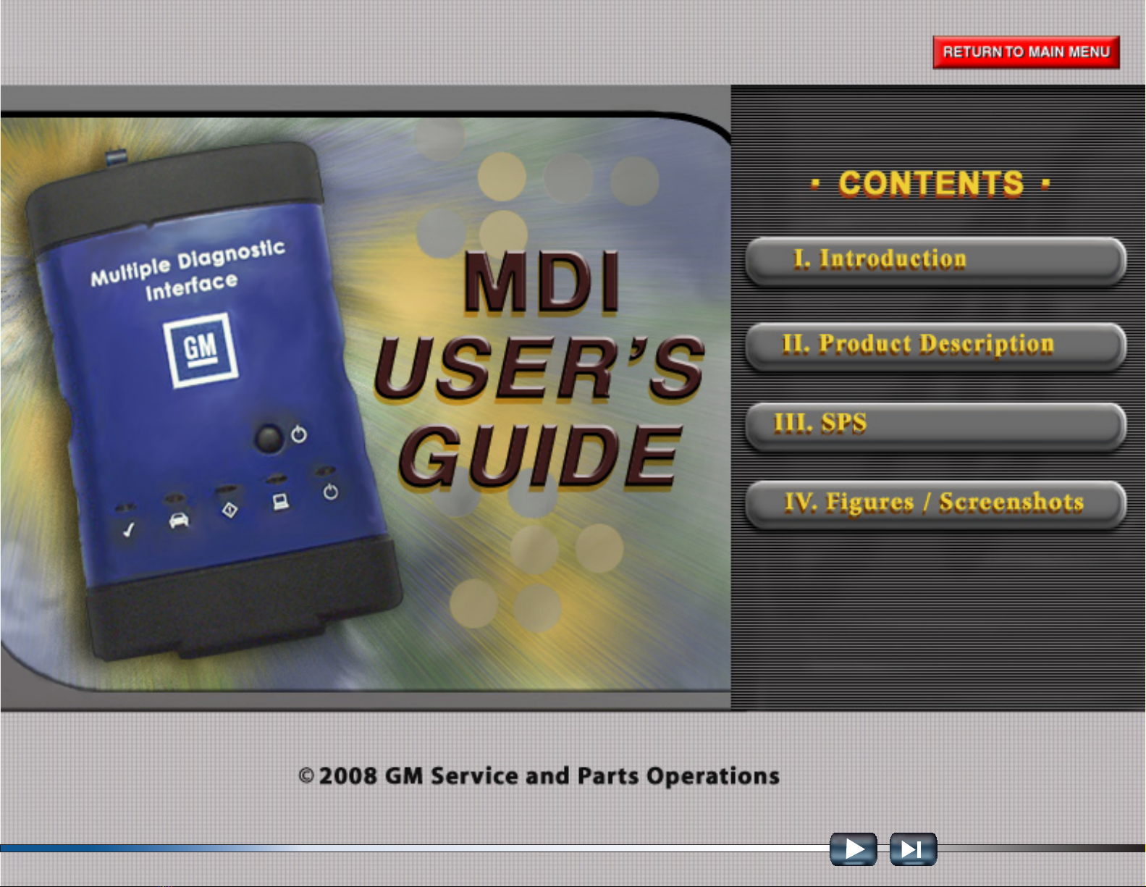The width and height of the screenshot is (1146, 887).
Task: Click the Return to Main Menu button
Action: click(x=1027, y=52)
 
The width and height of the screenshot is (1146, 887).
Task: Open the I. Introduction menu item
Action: click(x=935, y=261)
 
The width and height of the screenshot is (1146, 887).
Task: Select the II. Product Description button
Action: click(x=935, y=345)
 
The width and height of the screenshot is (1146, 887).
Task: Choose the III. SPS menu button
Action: click(x=935, y=425)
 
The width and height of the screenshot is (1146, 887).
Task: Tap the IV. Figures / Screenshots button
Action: click(x=935, y=504)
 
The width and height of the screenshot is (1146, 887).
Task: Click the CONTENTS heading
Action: click(x=931, y=183)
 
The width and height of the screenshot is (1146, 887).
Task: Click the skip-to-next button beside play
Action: click(x=913, y=849)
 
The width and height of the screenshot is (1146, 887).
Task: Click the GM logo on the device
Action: click(x=200, y=350)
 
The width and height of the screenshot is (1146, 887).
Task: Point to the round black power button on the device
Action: click(x=269, y=437)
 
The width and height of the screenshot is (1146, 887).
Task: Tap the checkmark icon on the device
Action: click(x=129, y=529)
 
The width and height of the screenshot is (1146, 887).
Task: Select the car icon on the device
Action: click(x=179, y=520)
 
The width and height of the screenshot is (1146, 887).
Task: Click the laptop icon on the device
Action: click(x=281, y=502)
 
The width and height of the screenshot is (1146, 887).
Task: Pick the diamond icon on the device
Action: click(x=230, y=510)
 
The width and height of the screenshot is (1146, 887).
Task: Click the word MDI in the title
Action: click(x=541, y=282)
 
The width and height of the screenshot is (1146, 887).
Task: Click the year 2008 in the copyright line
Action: click(x=348, y=776)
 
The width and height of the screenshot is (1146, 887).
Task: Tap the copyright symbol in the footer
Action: click(x=306, y=776)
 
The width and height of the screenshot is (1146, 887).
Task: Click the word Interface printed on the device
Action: click(x=191, y=286)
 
